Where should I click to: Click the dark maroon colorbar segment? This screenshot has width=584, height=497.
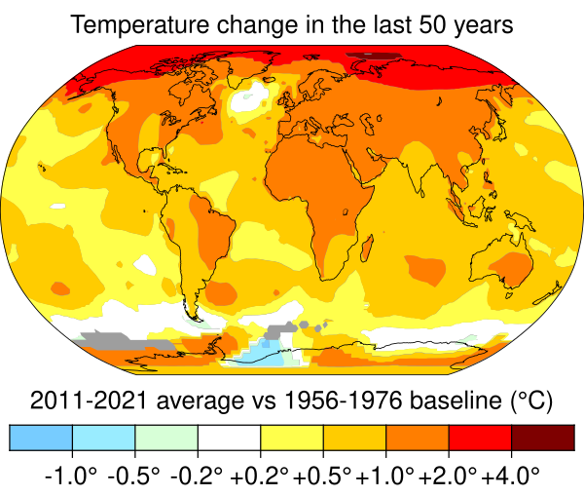tap(542, 438)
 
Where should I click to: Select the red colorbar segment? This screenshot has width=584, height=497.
tap(479, 438)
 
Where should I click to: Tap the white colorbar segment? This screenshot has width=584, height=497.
tap(229, 438)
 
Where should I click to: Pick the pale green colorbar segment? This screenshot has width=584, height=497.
tap(166, 438)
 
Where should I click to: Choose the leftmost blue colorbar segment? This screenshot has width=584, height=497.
tap(41, 438)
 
